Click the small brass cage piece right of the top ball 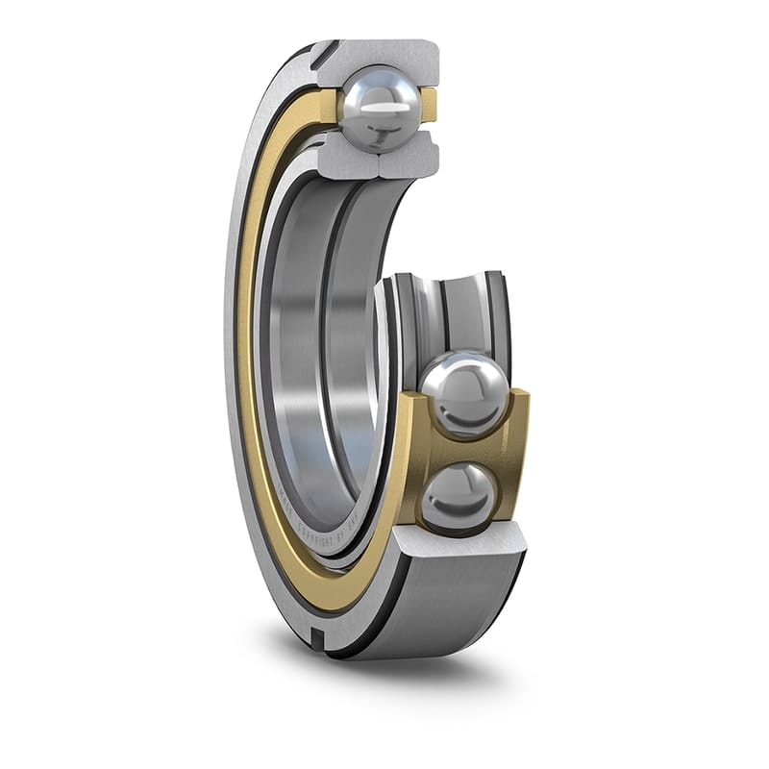coord(429,105)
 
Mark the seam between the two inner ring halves coord(378,161)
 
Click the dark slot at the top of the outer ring coord(323,53)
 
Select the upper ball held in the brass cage coord(464,393)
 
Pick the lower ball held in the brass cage coord(459,495)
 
